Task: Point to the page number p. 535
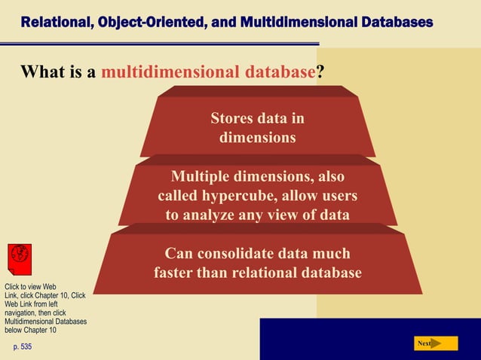point(23,346)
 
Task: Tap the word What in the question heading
point(41,72)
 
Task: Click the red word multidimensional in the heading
point(170,72)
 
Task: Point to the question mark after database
point(320,72)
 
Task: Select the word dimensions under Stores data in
point(257,138)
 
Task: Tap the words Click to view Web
point(30,287)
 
